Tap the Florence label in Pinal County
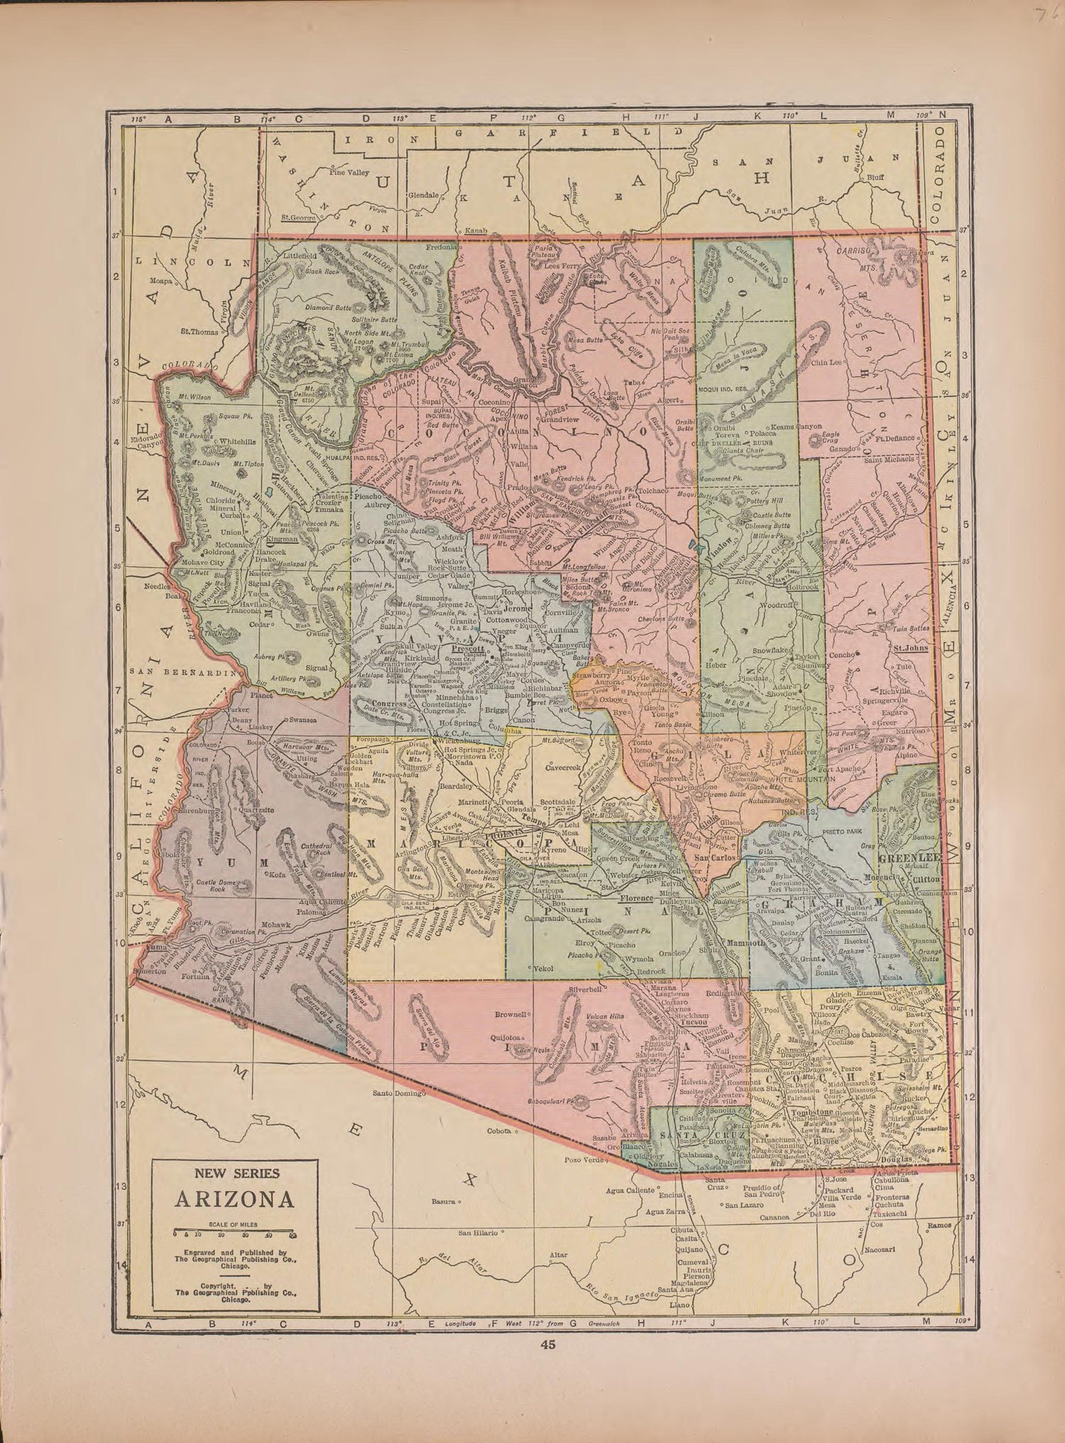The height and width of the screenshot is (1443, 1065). click(x=635, y=898)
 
